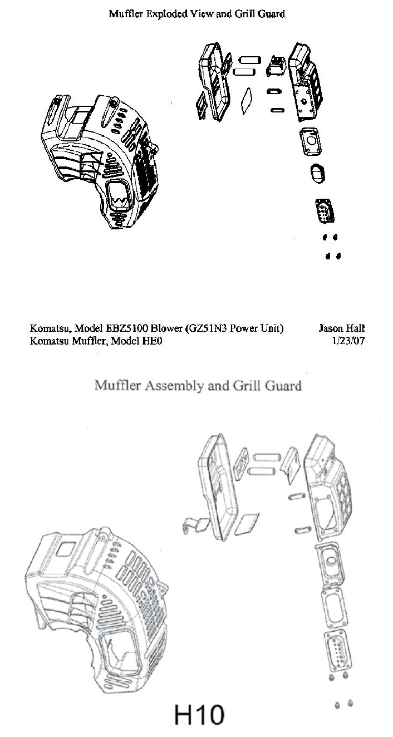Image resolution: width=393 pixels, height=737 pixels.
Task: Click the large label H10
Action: click(x=199, y=714)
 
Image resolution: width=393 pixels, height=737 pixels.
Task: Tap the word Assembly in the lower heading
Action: click(x=173, y=385)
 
